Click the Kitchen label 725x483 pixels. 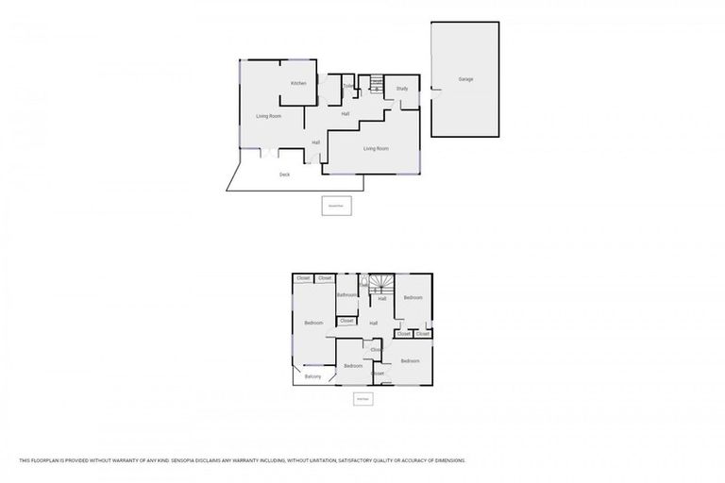coord(298,84)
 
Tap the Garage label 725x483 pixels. coord(465,79)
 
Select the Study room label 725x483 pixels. coord(401,89)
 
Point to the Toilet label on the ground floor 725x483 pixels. coord(348,87)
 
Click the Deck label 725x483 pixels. coord(284,175)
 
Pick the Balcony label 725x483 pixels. coord(313,376)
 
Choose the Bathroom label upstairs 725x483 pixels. coord(347,295)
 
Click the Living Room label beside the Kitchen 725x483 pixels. coord(269,116)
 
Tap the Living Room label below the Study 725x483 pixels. coord(377,148)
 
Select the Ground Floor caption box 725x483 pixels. coord(335,206)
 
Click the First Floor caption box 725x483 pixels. coord(362,399)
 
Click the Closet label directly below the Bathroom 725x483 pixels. coord(346,321)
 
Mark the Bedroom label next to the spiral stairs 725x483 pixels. coord(413,298)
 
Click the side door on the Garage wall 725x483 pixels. coord(433,92)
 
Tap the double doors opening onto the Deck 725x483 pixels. coord(270,152)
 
